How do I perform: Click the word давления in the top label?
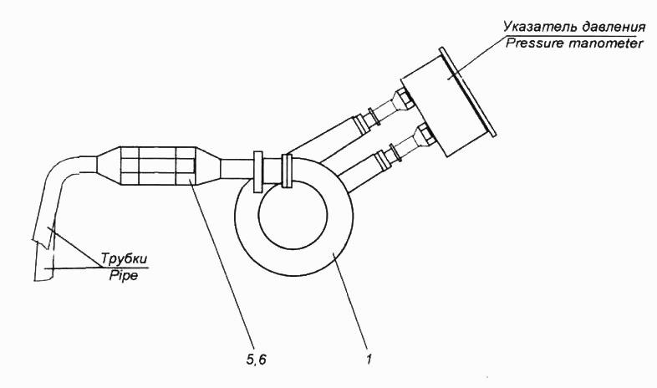pos(612,28)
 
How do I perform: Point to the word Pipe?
pos(124,276)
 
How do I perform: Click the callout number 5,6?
pos(254,360)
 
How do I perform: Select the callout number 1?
pos(369,360)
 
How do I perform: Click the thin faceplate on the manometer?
pos(467,92)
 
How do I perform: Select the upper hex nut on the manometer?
pos(405,97)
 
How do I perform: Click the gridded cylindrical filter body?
pos(158,166)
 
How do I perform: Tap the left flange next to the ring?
pos(258,171)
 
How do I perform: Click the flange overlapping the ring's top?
pos(287,171)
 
